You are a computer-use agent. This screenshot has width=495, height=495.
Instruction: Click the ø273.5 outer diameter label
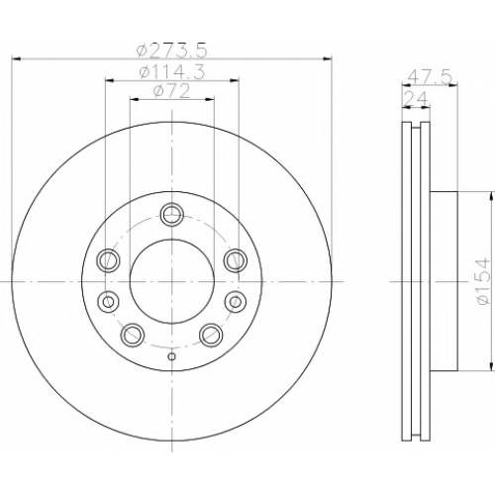(x=172, y=49)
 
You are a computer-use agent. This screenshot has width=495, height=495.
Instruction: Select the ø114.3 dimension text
(x=172, y=71)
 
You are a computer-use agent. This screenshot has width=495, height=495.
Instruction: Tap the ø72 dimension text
(x=172, y=91)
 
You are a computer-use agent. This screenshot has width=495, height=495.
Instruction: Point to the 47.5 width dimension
(x=430, y=78)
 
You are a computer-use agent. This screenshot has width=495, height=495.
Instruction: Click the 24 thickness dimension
(x=416, y=98)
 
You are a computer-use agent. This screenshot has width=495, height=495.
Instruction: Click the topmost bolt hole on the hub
(x=172, y=215)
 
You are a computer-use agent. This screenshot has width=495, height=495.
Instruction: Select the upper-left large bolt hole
(x=108, y=260)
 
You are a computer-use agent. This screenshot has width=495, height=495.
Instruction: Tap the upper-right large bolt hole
(x=236, y=259)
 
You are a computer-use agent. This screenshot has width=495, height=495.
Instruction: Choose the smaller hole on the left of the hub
(x=108, y=301)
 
